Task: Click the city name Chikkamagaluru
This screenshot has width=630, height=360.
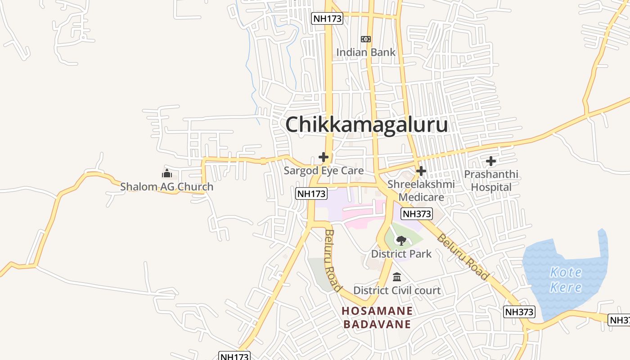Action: click(366, 125)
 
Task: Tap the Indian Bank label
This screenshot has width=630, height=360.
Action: click(366, 52)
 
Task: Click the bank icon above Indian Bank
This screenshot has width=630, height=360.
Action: click(366, 39)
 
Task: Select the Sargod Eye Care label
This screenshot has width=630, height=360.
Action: click(324, 171)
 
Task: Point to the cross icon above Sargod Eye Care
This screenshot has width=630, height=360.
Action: click(324, 157)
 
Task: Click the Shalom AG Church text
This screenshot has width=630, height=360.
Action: click(166, 187)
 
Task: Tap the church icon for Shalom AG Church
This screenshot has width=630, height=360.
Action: click(167, 173)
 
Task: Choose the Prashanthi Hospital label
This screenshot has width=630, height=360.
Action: click(491, 180)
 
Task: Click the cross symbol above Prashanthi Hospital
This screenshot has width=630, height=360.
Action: click(491, 161)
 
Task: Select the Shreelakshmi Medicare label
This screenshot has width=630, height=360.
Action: click(421, 190)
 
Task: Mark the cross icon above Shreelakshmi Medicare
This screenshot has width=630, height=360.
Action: click(421, 171)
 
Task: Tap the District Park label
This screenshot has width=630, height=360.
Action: click(401, 254)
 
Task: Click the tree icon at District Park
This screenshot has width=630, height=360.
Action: click(401, 241)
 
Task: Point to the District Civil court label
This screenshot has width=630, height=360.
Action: click(397, 290)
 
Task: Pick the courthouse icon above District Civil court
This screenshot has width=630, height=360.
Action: click(397, 277)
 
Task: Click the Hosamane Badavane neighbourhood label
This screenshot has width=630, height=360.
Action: click(377, 317)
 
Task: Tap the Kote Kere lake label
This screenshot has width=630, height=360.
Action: click(566, 279)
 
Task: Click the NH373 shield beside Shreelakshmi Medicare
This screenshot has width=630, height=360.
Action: click(417, 214)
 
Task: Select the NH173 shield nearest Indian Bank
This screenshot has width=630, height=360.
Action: click(327, 18)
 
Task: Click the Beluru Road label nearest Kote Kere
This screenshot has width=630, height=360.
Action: click(463, 257)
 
